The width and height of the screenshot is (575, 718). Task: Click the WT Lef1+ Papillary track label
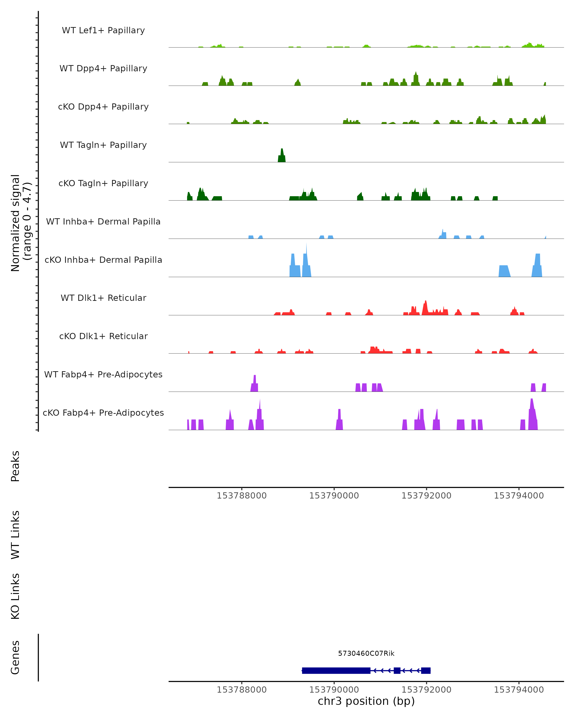click(103, 30)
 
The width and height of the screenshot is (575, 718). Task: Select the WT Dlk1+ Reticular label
click(103, 298)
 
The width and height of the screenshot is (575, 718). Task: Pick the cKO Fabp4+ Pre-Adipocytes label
click(103, 413)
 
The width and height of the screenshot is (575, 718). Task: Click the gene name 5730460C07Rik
click(366, 653)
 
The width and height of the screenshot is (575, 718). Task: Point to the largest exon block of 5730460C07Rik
click(336, 670)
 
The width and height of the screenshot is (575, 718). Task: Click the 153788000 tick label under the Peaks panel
click(242, 496)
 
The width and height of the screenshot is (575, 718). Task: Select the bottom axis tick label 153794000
click(519, 690)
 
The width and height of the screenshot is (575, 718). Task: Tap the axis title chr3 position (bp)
click(366, 701)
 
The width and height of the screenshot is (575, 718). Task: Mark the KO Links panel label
click(15, 596)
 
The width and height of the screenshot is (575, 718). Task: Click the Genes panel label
click(15, 657)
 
